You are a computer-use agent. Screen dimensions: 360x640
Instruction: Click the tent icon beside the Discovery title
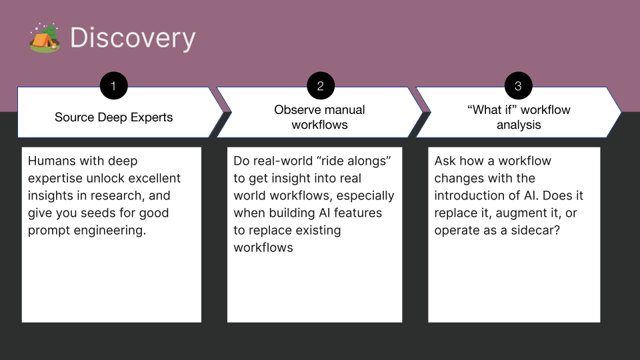pyautogui.click(x=45, y=38)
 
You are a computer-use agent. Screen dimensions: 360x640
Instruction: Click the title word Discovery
pyautogui.click(x=133, y=39)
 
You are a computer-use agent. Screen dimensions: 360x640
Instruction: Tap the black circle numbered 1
pyautogui.click(x=113, y=86)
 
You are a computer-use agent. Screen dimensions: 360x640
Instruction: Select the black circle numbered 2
pyautogui.click(x=320, y=86)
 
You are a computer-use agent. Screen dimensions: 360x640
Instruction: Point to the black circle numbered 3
pyautogui.click(x=518, y=86)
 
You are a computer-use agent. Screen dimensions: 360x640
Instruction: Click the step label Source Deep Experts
pyautogui.click(x=113, y=117)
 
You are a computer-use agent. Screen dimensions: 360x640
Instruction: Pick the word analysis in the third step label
pyautogui.click(x=518, y=125)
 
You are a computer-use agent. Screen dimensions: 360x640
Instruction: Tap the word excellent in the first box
pyautogui.click(x=155, y=179)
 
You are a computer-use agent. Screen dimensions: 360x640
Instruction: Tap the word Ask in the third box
pyautogui.click(x=445, y=161)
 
